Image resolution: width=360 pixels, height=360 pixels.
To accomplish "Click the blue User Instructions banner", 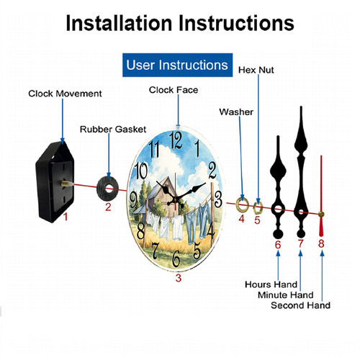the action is (x=177, y=65).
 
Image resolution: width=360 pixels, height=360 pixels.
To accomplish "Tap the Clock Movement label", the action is (x=65, y=94).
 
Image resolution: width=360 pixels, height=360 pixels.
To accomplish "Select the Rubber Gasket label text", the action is (x=113, y=130).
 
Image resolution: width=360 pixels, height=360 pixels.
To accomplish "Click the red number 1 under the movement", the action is (x=66, y=217).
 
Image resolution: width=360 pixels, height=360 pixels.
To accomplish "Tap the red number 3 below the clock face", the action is (x=179, y=278).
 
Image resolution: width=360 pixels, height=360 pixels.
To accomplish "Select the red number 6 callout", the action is (x=278, y=245).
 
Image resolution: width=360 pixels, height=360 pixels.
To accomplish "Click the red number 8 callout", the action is (x=321, y=243).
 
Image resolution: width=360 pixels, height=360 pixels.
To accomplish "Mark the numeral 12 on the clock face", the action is (x=176, y=140).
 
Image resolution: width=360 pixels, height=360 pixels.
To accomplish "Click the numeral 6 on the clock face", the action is (x=176, y=258).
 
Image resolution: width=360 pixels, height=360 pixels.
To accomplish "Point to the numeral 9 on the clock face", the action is (x=133, y=200).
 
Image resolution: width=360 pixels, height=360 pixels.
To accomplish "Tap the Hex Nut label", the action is (x=256, y=70).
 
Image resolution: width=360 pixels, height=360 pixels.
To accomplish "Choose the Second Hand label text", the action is (x=300, y=305).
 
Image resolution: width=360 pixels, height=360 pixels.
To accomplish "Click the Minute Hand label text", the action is (x=286, y=294).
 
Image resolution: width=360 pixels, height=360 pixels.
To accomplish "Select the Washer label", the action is (x=236, y=112).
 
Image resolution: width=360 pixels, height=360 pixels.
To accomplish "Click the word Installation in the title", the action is (x=119, y=23).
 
